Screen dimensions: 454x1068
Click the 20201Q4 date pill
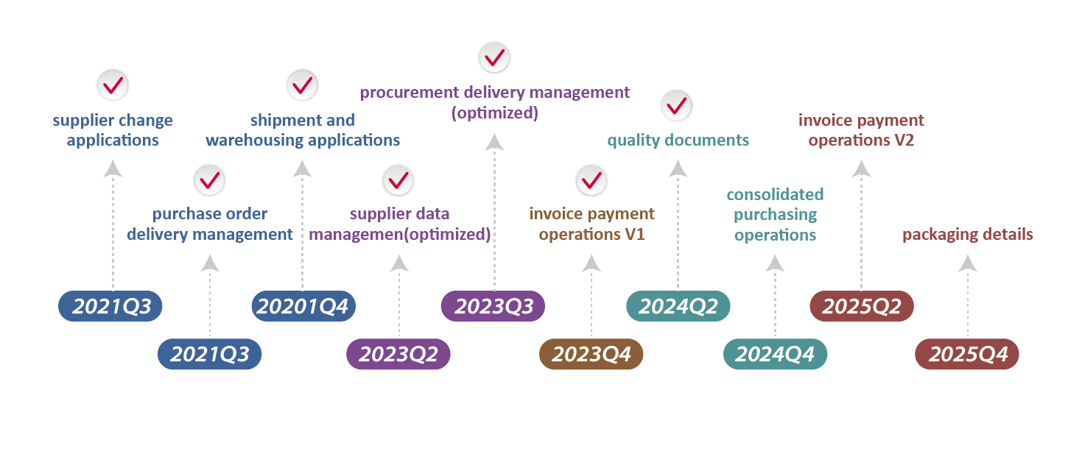point(303,306)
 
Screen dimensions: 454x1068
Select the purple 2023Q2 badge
point(398,354)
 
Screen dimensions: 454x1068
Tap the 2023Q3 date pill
point(493,306)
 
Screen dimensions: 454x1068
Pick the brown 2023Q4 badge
point(591,354)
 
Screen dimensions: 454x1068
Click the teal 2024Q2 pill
point(678,306)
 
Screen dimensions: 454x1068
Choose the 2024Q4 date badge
point(775,354)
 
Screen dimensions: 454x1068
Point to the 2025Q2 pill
point(861,306)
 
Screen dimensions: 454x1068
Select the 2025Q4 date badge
point(967,354)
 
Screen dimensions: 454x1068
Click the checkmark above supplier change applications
point(113,85)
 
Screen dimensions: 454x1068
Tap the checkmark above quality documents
point(677,106)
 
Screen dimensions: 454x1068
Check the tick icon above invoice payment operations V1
point(591,180)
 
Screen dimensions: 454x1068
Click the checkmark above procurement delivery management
point(494,57)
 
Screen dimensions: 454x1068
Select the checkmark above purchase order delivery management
point(210,180)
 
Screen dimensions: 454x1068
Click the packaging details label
point(967,235)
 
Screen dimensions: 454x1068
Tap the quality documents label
point(678,140)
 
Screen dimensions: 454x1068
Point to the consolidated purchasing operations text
point(775,215)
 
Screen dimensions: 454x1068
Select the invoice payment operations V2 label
point(861,130)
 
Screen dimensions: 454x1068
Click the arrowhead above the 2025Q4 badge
point(967,264)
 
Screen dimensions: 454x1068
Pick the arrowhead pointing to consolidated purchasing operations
point(775,264)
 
